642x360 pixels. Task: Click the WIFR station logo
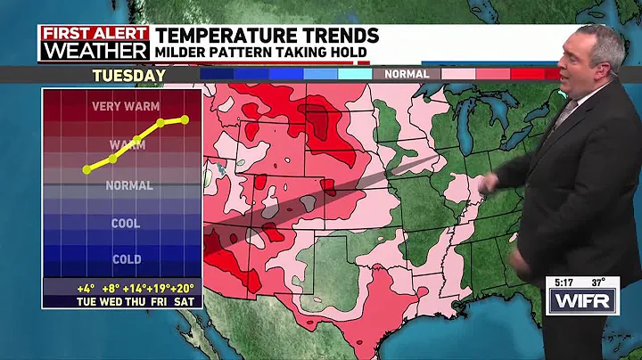pyautogui.click(x=580, y=301)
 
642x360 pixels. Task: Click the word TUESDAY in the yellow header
pyautogui.click(x=129, y=75)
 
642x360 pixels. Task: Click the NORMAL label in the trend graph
pyautogui.click(x=128, y=186)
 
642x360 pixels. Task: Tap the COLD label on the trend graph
pyautogui.click(x=126, y=259)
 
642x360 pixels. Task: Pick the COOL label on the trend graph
pyautogui.click(x=126, y=224)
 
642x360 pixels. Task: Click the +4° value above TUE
pyautogui.click(x=86, y=289)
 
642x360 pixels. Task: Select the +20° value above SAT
pyautogui.click(x=185, y=289)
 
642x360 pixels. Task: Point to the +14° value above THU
pyautogui.click(x=136, y=289)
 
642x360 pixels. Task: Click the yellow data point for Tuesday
pyautogui.click(x=86, y=169)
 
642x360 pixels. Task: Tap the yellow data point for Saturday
pyautogui.click(x=185, y=119)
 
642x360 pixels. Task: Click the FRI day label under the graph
pyautogui.click(x=160, y=302)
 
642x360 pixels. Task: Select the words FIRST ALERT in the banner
pyautogui.click(x=93, y=33)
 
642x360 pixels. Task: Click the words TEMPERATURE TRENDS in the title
pyautogui.click(x=267, y=35)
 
